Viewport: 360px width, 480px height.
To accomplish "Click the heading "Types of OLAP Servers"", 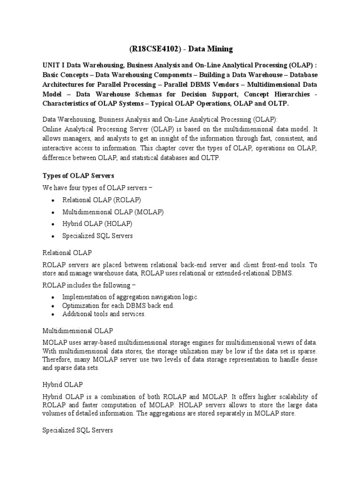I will click(x=78, y=175).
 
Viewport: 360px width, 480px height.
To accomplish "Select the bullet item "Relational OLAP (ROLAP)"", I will click(x=101, y=200).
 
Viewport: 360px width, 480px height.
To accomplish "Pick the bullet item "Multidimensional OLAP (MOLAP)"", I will click(x=112, y=212).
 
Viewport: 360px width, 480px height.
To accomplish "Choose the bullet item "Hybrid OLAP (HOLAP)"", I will click(x=97, y=224).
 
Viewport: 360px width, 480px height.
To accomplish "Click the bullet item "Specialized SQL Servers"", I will click(x=97, y=236).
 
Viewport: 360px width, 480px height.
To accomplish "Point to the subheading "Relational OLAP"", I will click(x=67, y=253).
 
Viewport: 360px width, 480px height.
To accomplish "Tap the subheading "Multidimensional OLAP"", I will click(x=77, y=330).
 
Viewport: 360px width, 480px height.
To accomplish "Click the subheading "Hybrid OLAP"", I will click(x=62, y=384).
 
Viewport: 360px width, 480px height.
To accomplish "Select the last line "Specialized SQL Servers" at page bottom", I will click(x=77, y=429).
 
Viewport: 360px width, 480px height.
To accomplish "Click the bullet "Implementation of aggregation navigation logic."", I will click(x=130, y=297).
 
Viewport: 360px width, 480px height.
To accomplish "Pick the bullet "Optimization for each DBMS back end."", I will click(x=118, y=306).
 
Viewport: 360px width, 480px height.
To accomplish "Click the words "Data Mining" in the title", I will click(x=210, y=49).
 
